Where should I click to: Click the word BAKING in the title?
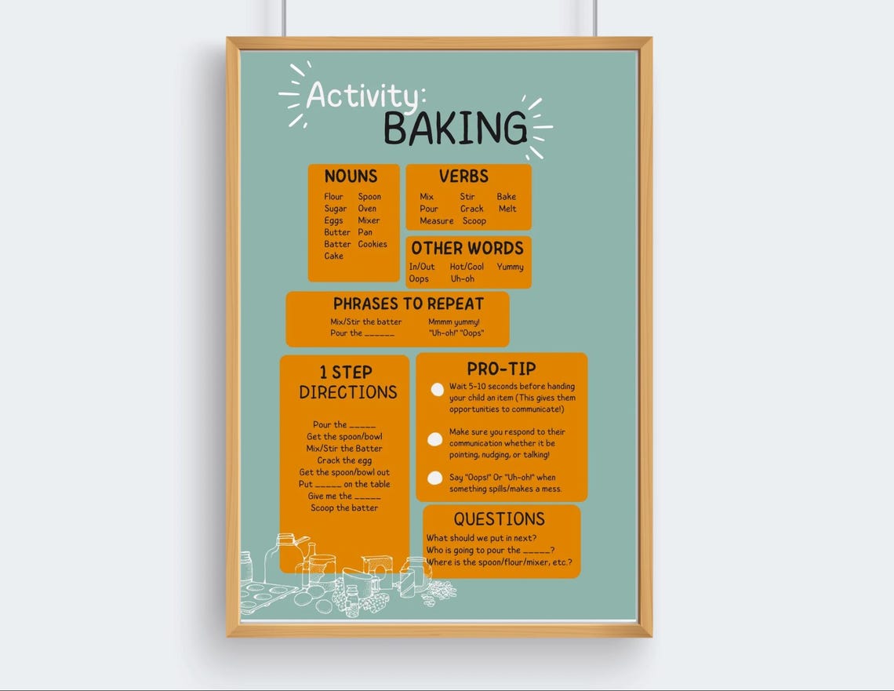(x=455, y=129)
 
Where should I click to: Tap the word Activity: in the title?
(x=365, y=95)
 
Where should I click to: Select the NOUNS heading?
(x=351, y=176)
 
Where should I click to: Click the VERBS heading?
(x=463, y=176)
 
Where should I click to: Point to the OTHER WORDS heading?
(x=467, y=249)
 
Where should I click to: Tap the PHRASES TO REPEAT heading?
(x=408, y=304)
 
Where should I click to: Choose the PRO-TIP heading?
(x=501, y=369)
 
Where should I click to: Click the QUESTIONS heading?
(x=499, y=518)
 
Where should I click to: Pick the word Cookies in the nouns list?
(x=372, y=244)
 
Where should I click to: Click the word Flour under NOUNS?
(x=333, y=197)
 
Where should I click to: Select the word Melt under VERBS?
(x=507, y=209)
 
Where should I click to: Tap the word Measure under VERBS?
(x=436, y=220)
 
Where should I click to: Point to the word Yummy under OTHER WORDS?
(x=510, y=267)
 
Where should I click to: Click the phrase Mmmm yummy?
(x=453, y=322)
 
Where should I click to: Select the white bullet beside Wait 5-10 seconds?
(x=437, y=390)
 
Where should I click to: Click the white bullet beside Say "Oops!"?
(x=434, y=478)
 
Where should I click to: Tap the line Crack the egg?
(x=344, y=460)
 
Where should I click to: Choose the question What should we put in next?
(x=481, y=538)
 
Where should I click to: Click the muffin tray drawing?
(x=267, y=596)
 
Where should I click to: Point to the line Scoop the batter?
(x=344, y=508)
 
